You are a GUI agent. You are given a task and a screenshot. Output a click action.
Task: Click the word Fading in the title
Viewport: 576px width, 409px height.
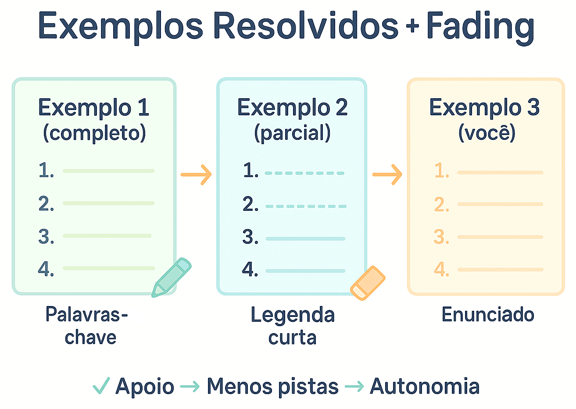click(x=480, y=26)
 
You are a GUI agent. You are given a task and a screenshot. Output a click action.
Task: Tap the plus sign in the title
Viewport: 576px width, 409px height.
click(x=412, y=27)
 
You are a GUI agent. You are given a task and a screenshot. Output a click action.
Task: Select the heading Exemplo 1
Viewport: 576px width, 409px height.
click(x=93, y=107)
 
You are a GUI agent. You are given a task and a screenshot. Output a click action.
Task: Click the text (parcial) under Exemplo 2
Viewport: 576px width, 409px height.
click(x=292, y=132)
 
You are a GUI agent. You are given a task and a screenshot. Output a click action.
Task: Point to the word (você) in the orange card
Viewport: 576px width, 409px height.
click(x=487, y=132)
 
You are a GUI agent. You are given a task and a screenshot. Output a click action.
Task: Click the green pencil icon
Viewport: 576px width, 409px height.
click(x=171, y=277)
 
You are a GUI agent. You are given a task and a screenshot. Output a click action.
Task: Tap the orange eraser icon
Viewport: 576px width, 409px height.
click(x=368, y=283)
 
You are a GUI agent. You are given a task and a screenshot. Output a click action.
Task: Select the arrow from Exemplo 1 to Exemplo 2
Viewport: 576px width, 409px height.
click(x=196, y=174)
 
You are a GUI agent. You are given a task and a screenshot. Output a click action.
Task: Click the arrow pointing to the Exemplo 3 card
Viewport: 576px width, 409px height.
click(x=387, y=174)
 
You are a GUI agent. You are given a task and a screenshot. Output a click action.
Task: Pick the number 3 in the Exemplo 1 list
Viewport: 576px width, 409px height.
click(x=46, y=237)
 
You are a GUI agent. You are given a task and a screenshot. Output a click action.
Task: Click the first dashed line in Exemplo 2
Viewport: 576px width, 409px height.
click(x=304, y=173)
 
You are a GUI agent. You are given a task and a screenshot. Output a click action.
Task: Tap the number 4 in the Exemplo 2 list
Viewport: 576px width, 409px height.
click(x=250, y=269)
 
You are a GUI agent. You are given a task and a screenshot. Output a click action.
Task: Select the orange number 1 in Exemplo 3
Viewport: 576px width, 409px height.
click(x=442, y=171)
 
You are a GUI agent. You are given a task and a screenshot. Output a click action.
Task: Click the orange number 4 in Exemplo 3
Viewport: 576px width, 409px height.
click(x=441, y=269)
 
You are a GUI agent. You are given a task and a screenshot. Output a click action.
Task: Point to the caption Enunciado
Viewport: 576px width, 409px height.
click(x=487, y=315)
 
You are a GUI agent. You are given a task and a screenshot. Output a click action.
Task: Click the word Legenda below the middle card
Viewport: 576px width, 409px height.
click(x=293, y=315)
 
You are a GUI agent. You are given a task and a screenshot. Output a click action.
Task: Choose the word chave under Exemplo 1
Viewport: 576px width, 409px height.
click(x=90, y=338)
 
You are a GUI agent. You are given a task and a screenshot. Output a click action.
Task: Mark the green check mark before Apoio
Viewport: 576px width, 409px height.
click(x=101, y=386)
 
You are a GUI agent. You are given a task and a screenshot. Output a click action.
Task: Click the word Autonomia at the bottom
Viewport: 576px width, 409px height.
click(x=424, y=387)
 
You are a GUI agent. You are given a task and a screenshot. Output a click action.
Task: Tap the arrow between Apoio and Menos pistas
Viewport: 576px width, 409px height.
click(x=190, y=387)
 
